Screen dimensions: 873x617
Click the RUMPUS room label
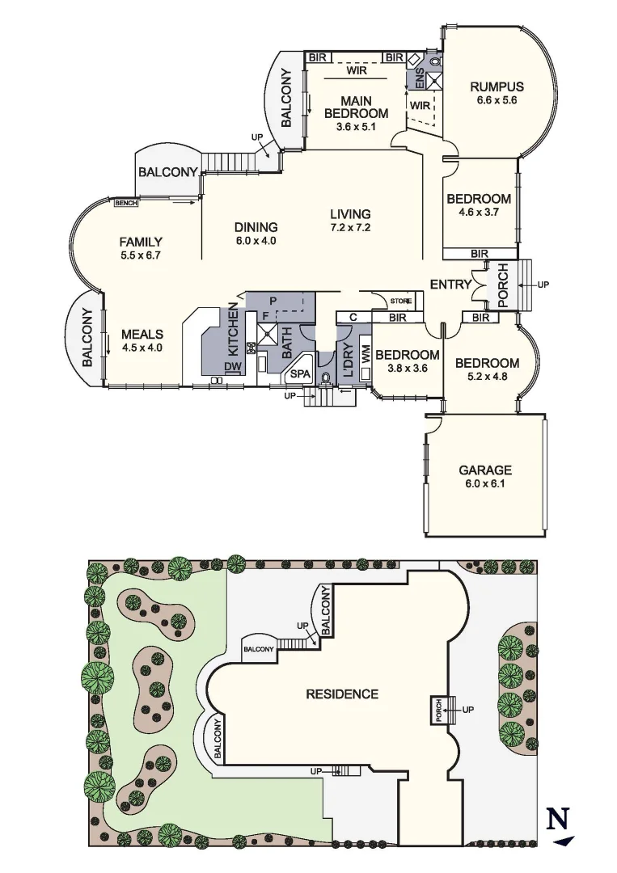click(x=497, y=87)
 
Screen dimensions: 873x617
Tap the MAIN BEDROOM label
click(x=356, y=108)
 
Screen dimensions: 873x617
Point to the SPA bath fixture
click(x=300, y=374)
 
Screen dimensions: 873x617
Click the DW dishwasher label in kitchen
click(x=232, y=366)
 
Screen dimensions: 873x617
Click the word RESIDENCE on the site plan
click(x=341, y=694)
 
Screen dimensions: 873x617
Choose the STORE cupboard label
click(x=401, y=302)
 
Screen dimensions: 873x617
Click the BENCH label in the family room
click(x=126, y=203)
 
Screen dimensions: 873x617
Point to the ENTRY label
click(x=450, y=285)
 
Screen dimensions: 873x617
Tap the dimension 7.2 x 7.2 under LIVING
click(x=350, y=227)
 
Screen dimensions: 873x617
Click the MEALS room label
click(x=142, y=335)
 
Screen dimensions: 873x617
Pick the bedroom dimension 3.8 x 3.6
click(x=408, y=368)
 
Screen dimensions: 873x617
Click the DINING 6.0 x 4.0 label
click(x=256, y=234)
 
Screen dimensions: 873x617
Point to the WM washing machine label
click(x=366, y=353)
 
